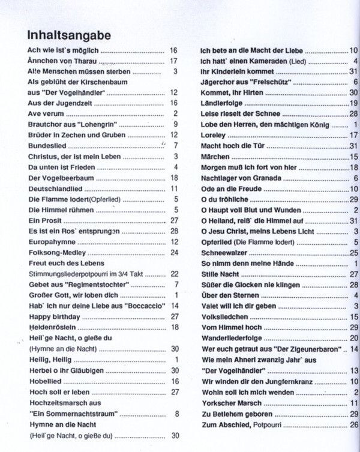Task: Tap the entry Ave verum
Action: tap(45, 113)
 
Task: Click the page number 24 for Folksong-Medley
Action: tap(175, 253)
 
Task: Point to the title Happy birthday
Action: tap(54, 316)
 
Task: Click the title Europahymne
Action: tap(52, 242)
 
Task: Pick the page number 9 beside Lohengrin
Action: tap(176, 124)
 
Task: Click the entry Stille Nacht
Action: tap(220, 274)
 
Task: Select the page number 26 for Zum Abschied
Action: tap(353, 424)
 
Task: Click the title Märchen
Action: tap(214, 157)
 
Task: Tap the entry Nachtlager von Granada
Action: tap(241, 178)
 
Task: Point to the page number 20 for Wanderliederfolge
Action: tap(353, 338)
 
